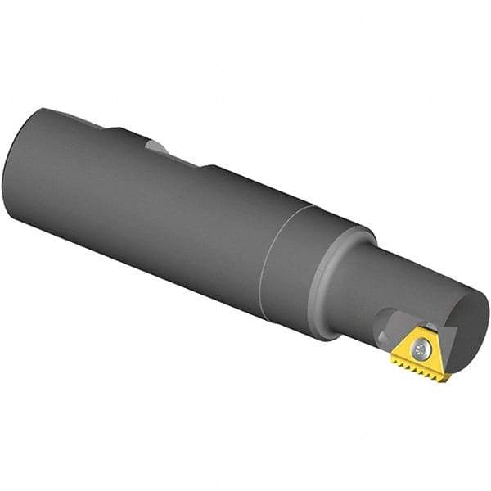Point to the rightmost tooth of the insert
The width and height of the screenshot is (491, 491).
pos(446,378)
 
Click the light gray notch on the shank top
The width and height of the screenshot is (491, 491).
pos(158,147)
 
